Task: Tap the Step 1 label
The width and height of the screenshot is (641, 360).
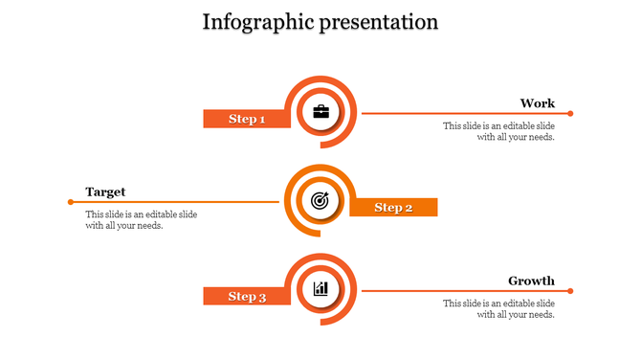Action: [247, 120]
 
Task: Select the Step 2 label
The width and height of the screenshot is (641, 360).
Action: [393, 208]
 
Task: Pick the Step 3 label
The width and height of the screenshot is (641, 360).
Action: [247, 297]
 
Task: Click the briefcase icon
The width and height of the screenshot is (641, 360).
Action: [320, 112]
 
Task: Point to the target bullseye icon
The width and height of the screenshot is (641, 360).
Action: [320, 201]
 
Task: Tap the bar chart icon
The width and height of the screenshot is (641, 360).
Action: [320, 288]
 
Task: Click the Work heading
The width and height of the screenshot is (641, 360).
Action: [537, 103]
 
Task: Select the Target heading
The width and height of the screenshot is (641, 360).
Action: [105, 191]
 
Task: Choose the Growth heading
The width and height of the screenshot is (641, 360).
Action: [531, 281]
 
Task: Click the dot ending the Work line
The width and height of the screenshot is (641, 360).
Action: [570, 113]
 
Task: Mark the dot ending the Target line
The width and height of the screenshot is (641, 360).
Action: [71, 201]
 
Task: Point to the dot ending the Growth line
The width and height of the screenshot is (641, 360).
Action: [570, 290]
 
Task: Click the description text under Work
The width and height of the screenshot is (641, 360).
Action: [498, 131]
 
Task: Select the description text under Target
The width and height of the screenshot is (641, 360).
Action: [142, 219]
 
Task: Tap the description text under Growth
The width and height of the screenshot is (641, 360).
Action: [498, 308]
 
